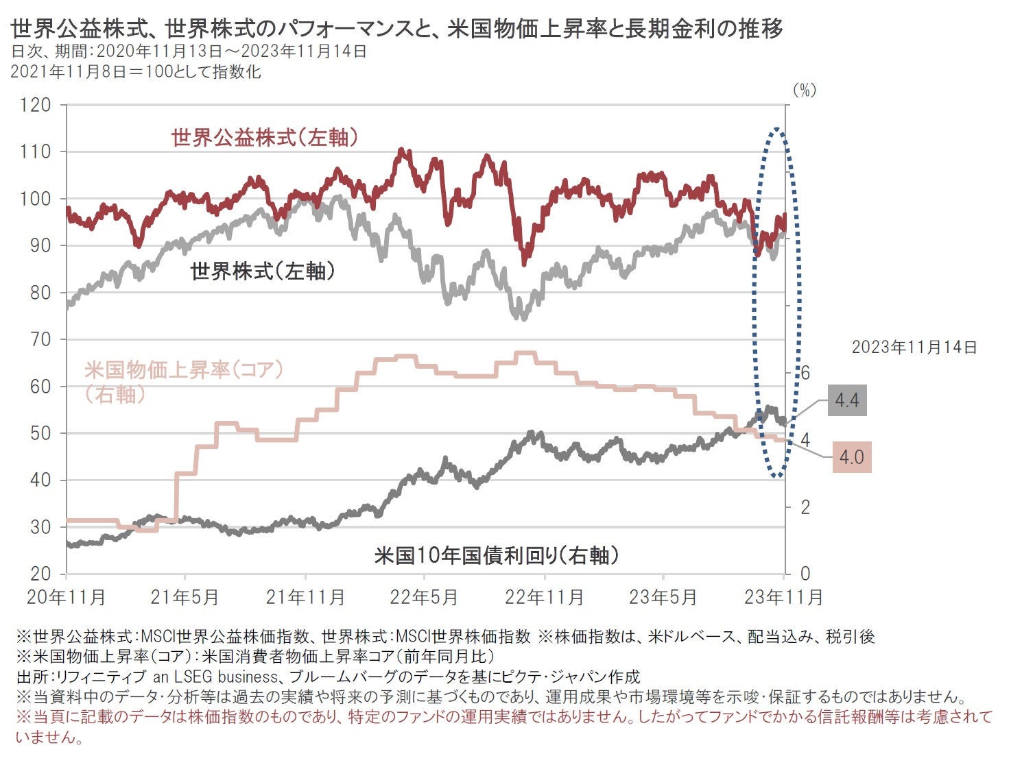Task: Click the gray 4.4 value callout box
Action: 846,400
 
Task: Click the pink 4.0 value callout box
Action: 851,456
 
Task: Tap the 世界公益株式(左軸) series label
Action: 265,138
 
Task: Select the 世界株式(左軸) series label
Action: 263,271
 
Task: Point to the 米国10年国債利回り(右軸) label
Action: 497,555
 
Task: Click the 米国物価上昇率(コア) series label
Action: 184,370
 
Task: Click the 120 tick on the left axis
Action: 36,105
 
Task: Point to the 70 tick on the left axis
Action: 40,339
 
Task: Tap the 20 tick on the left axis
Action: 40,574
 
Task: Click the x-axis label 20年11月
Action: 67,597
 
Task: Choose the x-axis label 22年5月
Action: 423,597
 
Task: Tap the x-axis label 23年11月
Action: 783,597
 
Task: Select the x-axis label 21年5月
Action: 185,597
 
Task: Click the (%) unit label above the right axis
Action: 804,90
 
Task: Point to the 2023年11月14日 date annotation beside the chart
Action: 914,347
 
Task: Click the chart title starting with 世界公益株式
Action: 396,29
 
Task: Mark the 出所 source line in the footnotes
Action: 328,677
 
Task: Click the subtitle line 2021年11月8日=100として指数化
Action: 136,71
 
